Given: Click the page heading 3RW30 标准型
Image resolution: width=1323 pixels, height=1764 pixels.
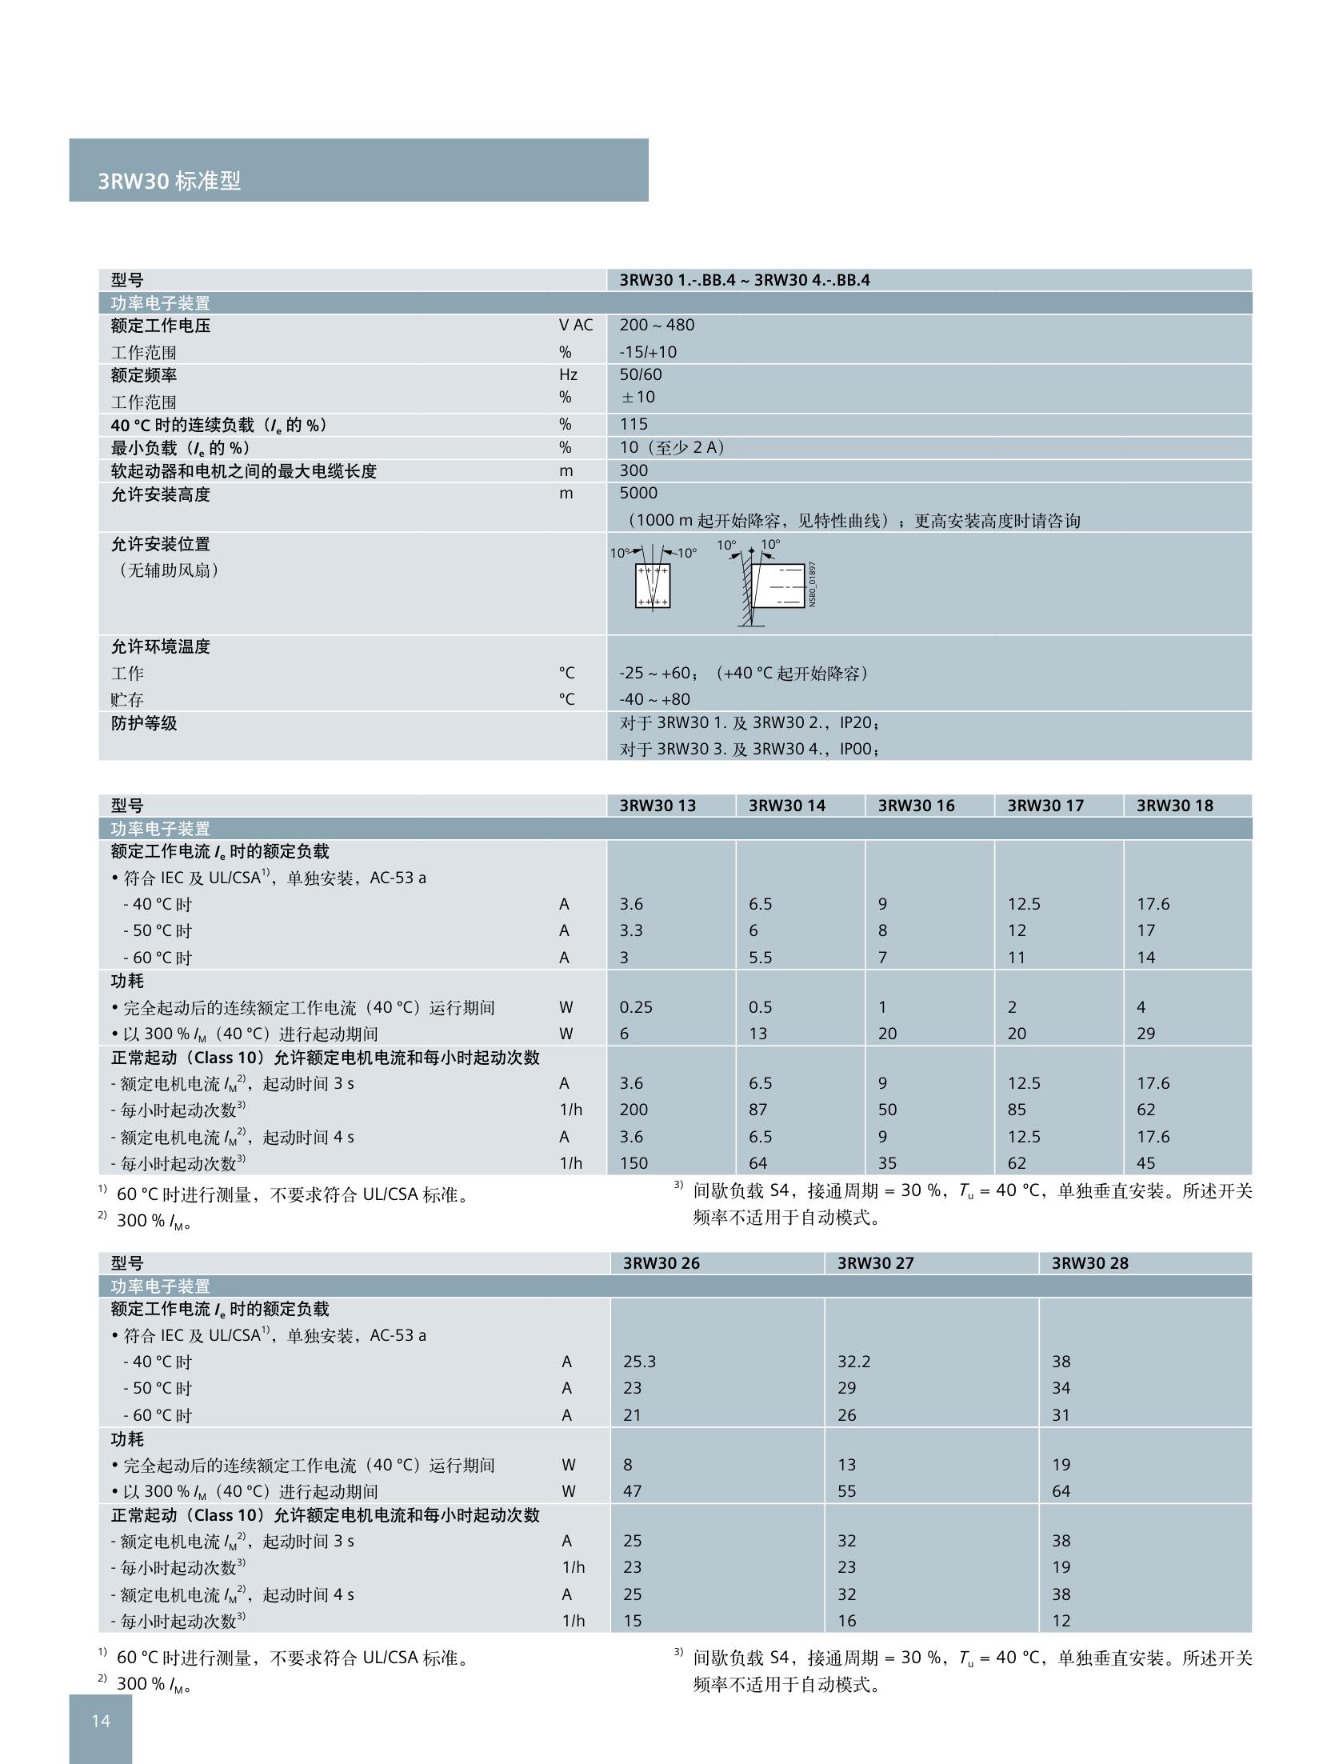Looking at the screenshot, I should tap(169, 181).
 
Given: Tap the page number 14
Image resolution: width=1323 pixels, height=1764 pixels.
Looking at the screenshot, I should tap(101, 1720).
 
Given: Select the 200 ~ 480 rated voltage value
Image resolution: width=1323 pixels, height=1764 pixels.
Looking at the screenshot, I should tap(657, 325).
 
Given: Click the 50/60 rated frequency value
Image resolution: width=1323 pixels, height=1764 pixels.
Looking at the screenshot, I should tap(640, 374).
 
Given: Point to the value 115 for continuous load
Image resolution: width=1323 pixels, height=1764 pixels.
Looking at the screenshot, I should tap(634, 424).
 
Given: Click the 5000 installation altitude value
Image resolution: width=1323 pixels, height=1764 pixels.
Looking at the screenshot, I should tap(638, 493).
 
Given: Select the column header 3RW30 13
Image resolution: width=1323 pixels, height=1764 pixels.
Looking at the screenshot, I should tap(658, 806).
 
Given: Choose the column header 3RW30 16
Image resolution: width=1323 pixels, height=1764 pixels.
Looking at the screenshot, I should tap(916, 806).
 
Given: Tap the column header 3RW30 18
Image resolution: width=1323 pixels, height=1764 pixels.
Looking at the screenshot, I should tap(1174, 806).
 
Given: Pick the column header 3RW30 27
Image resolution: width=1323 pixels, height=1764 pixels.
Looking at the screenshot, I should tap(875, 1263).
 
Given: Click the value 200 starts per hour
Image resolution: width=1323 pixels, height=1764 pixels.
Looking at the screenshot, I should tap(634, 1110).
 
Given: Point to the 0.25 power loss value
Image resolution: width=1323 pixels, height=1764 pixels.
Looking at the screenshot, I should tap(636, 1007).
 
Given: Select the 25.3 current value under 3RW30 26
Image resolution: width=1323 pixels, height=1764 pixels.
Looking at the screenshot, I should tap(639, 1362).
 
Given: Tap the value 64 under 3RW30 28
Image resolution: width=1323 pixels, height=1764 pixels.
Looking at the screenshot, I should tap(1061, 1491).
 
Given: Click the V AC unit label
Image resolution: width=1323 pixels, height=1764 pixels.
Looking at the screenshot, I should tap(576, 325).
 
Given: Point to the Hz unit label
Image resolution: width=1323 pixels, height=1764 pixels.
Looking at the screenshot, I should tap(568, 374).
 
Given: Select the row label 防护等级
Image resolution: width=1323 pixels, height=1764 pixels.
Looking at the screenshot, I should tap(144, 723).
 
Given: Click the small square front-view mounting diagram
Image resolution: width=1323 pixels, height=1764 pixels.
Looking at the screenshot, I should tap(652, 585).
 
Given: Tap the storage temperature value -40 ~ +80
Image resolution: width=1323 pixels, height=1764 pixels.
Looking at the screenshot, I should tap(654, 699).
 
